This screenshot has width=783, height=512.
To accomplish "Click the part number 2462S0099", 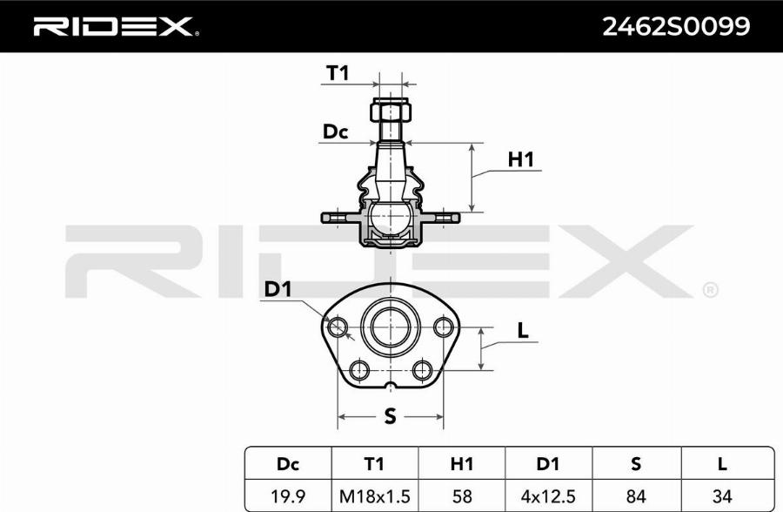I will click(676, 27).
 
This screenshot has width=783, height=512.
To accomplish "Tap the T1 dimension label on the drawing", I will click(337, 74).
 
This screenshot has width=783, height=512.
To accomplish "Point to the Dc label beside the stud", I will click(335, 132).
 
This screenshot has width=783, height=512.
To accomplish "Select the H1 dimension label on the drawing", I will click(520, 159).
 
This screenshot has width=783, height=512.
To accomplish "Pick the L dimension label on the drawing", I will click(522, 331).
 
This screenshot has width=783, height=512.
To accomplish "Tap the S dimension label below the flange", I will click(390, 417).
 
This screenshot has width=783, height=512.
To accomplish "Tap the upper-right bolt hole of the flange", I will click(444, 327).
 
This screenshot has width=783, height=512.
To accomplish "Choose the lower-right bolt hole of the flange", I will click(423, 371).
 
